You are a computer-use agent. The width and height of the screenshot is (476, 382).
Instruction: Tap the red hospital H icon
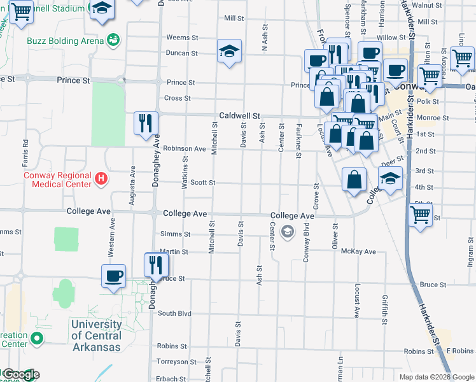click(100, 179)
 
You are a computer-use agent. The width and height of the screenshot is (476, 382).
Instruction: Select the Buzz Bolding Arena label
click(65, 41)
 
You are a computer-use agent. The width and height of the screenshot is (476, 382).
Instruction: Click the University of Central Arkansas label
click(96, 336)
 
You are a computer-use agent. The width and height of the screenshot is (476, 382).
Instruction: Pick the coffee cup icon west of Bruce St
click(114, 276)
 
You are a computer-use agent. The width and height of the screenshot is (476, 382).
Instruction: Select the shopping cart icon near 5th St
click(419, 216)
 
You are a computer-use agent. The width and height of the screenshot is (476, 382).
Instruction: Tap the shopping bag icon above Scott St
click(354, 180)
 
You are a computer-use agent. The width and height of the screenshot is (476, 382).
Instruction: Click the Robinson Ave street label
click(184, 148)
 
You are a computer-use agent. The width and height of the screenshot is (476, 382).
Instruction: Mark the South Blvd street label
click(174, 313)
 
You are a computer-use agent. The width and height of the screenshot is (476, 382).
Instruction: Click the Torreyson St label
click(173, 361)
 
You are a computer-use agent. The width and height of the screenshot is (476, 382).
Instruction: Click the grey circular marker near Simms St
click(288, 232)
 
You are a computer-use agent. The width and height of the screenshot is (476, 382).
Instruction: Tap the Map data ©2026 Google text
click(436, 376)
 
